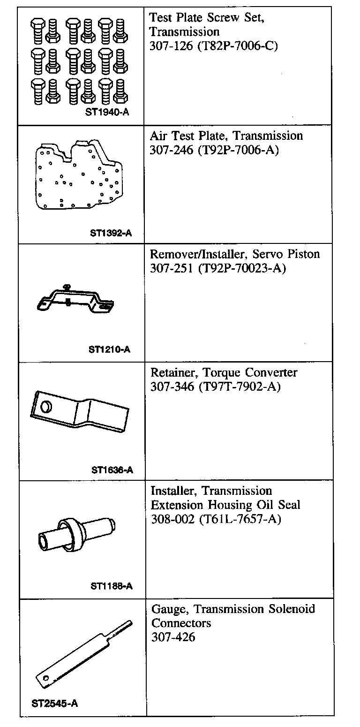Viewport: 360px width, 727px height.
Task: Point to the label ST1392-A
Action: [x=111, y=232]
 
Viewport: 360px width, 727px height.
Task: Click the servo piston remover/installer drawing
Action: [x=75, y=300]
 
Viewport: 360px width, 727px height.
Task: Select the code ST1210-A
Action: [x=109, y=349]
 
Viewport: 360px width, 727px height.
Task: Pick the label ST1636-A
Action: [x=112, y=470]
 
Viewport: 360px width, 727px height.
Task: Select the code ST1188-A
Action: [x=112, y=586]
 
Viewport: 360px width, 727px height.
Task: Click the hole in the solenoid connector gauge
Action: [x=45, y=678]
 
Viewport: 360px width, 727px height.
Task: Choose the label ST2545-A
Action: [x=55, y=703]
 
